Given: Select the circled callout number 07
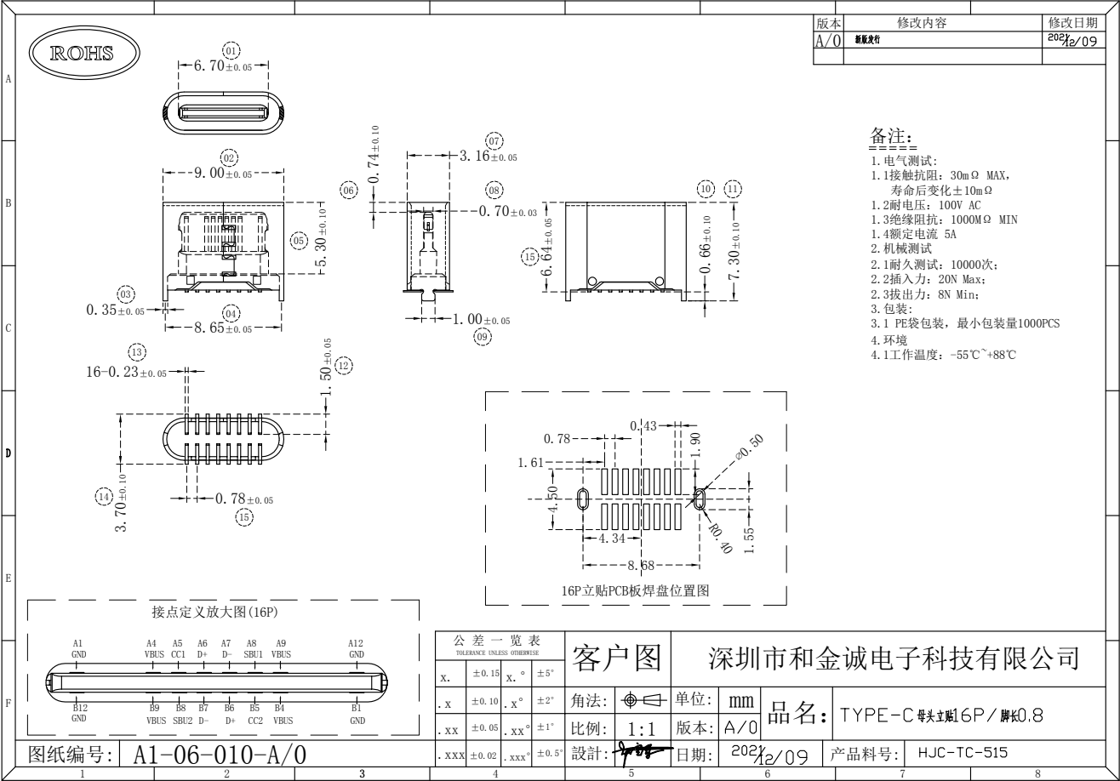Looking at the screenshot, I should coord(494,140).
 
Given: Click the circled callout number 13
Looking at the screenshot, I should coord(136,352).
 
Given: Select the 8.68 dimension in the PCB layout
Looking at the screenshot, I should coord(641,565).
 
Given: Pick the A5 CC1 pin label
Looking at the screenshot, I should coord(178,649).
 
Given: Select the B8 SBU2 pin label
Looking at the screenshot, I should coord(182,713).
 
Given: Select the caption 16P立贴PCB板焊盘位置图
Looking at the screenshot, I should coord(635,590).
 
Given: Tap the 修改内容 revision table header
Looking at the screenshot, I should coord(921,23).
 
